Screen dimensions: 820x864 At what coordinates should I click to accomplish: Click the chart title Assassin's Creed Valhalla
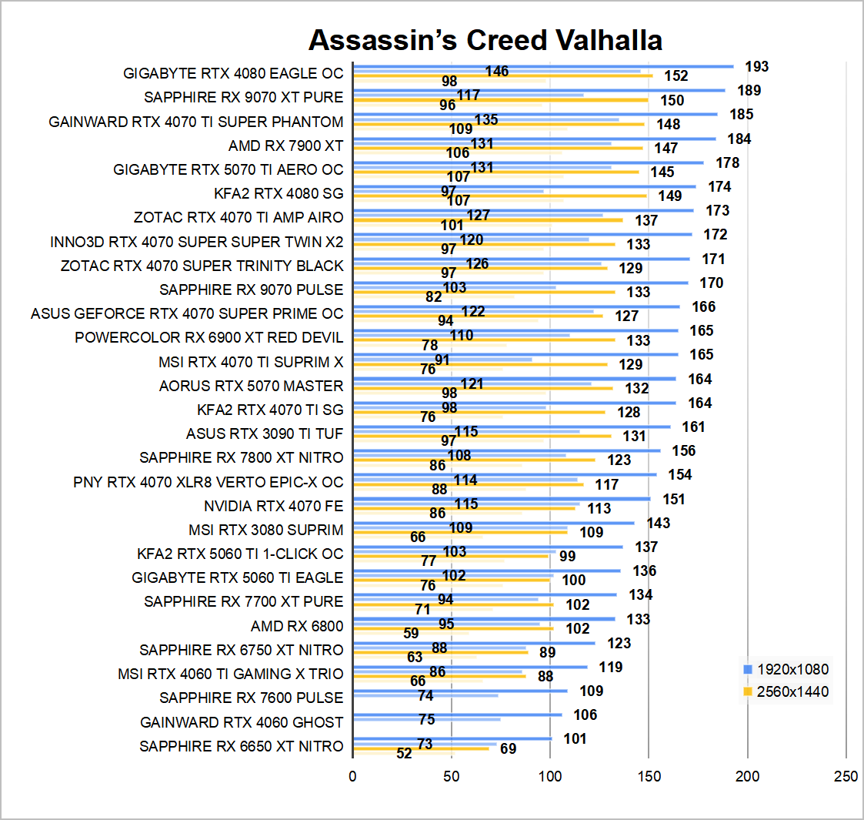[x=485, y=39]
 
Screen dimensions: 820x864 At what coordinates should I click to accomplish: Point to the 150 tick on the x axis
[x=649, y=776]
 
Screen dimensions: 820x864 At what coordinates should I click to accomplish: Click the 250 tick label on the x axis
[x=846, y=776]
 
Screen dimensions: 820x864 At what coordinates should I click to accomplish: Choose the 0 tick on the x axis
[x=353, y=776]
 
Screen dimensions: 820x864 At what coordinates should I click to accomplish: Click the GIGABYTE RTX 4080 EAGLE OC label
[x=233, y=74]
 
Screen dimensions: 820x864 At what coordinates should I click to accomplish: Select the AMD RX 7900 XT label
[x=285, y=146]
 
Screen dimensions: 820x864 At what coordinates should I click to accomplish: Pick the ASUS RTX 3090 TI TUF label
[x=265, y=433]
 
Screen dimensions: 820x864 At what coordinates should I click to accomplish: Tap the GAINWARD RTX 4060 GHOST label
[x=242, y=722]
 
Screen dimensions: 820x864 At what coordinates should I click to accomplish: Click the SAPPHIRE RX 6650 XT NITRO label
[x=242, y=746]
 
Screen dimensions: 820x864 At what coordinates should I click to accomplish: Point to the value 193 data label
[x=756, y=67]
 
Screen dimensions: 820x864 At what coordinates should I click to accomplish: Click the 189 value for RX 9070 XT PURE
[x=749, y=91]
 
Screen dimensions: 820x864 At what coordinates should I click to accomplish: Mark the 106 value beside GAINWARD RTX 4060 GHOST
[x=585, y=715]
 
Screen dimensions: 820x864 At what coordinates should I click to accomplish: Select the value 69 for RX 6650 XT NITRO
[x=508, y=748]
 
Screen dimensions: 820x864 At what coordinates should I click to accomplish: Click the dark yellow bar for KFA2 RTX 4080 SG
[x=500, y=196]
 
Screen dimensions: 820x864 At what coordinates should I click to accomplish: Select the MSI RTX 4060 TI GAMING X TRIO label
[x=230, y=674]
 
